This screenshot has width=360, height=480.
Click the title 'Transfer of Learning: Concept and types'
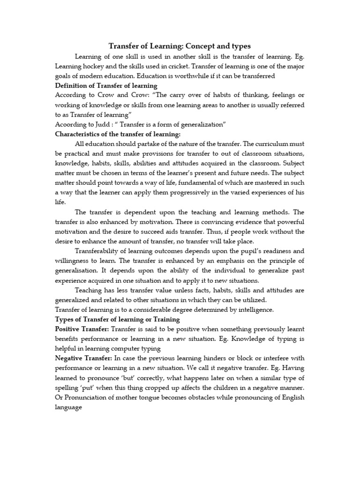click(180, 46)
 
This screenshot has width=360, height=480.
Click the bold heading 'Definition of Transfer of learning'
click(106, 86)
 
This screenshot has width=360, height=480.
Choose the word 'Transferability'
click(101, 251)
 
